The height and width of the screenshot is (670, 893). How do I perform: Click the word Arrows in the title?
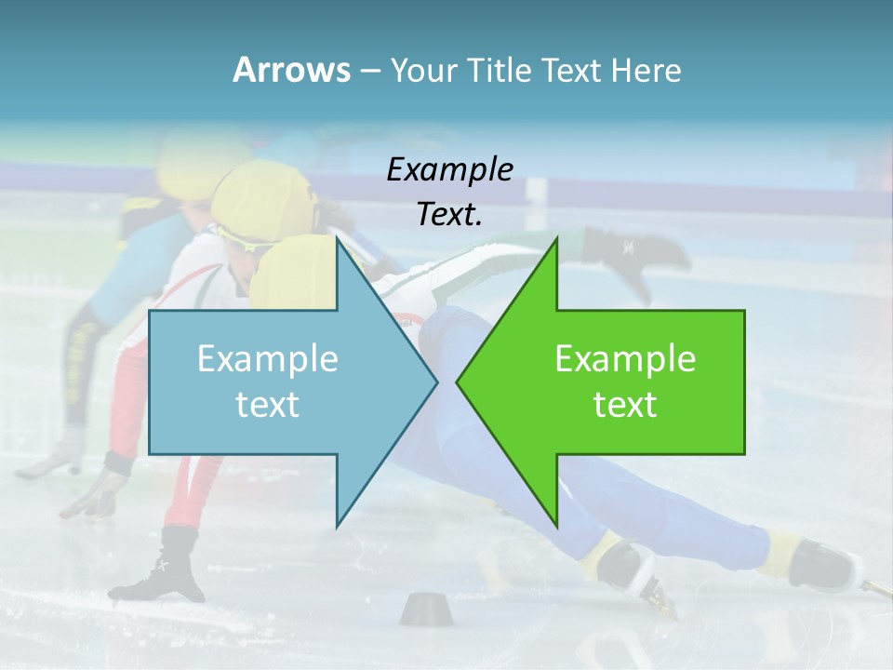(x=290, y=71)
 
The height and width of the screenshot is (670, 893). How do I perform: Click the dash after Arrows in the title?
(x=369, y=72)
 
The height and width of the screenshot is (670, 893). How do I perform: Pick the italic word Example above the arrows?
(x=450, y=169)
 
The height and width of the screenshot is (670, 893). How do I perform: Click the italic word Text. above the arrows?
(x=450, y=215)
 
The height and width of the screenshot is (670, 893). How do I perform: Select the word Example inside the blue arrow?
(x=268, y=359)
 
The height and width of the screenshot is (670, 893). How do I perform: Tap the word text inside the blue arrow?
(x=268, y=405)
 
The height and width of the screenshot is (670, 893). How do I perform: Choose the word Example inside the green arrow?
(x=625, y=359)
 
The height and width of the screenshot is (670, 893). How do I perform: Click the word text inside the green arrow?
(x=625, y=405)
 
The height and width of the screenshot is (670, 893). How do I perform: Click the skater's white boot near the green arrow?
(x=625, y=566)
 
